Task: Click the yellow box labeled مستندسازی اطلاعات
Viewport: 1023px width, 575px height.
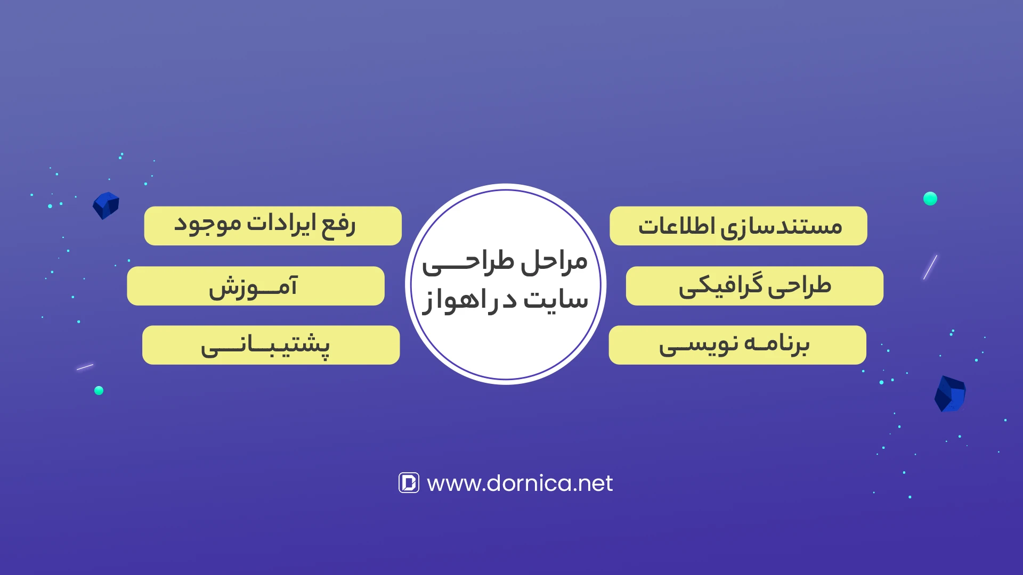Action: (x=738, y=226)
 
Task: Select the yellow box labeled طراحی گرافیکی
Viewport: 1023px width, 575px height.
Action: (x=754, y=286)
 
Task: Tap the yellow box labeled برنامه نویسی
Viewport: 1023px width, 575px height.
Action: (x=737, y=345)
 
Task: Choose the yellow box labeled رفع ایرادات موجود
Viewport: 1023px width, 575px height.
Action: (x=273, y=226)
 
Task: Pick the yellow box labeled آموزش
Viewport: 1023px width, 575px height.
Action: (x=256, y=286)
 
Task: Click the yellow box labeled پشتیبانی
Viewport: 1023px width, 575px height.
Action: (x=271, y=345)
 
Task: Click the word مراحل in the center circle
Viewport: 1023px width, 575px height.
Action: (x=554, y=262)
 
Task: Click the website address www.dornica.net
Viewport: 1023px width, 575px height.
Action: (x=519, y=483)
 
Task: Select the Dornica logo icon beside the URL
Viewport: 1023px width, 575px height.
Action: (x=409, y=483)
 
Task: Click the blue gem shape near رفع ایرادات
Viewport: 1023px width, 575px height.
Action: (x=106, y=206)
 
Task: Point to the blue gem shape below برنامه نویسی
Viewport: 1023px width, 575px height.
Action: (x=950, y=394)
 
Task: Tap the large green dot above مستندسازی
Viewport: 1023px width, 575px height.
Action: (x=930, y=199)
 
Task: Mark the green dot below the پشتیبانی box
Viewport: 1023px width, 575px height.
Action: (x=99, y=390)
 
